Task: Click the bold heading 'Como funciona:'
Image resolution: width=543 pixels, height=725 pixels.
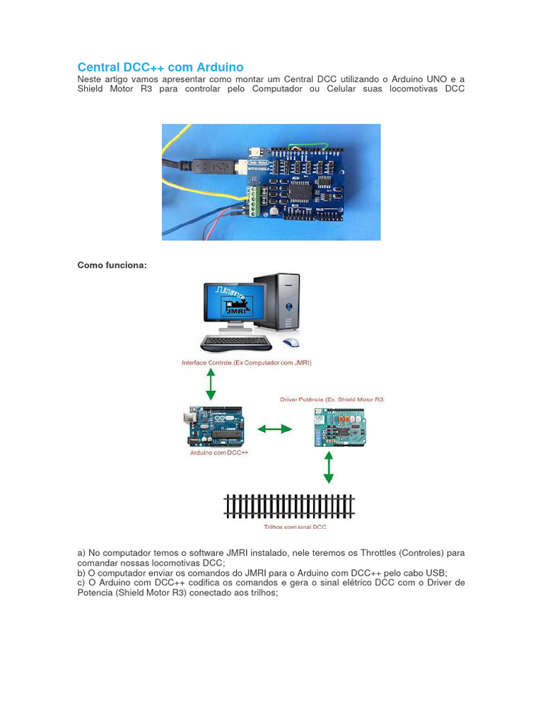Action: pyautogui.click(x=112, y=265)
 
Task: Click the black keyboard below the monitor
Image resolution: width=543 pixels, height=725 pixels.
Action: pyautogui.click(x=236, y=343)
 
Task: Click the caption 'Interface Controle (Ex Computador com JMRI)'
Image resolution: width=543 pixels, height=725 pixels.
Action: pyautogui.click(x=247, y=362)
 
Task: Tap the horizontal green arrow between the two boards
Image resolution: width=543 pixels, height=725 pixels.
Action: pyautogui.click(x=274, y=428)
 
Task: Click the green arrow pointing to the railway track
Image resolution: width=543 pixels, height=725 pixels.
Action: pyautogui.click(x=327, y=467)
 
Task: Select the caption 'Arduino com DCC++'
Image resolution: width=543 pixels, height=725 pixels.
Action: pyautogui.click(x=219, y=452)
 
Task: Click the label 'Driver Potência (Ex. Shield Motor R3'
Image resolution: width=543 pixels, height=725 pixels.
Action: pyautogui.click(x=332, y=400)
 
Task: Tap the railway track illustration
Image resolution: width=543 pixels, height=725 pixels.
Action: pyautogui.click(x=289, y=507)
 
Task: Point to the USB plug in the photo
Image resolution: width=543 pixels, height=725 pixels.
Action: pyautogui.click(x=212, y=167)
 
